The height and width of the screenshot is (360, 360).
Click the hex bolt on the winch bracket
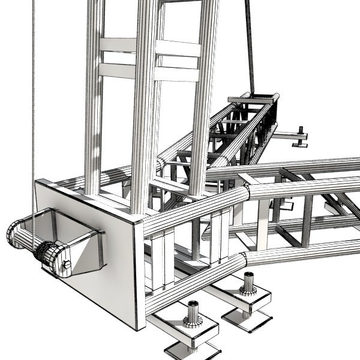66,265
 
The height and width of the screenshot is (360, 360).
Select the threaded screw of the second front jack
248,283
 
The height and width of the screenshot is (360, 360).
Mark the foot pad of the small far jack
300,144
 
